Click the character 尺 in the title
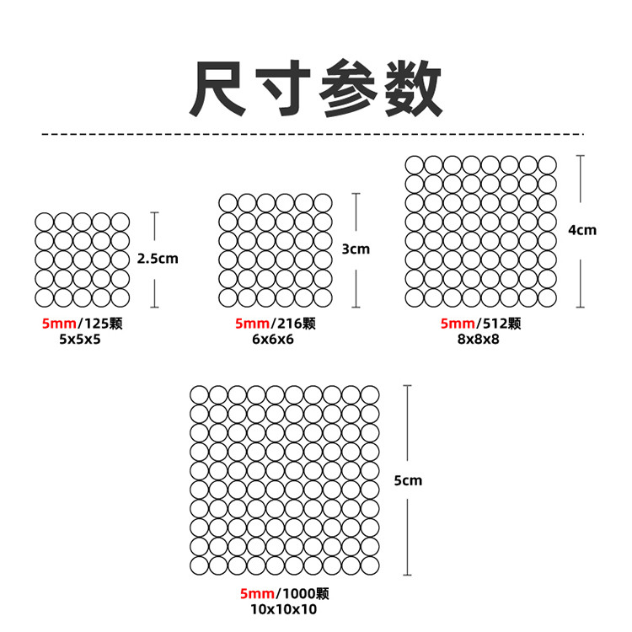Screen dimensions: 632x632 pyautogui.click(x=218, y=89)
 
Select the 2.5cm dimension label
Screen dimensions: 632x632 pyautogui.click(x=158, y=259)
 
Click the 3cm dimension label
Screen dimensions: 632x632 pyautogui.click(x=356, y=249)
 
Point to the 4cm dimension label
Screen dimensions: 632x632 pyautogui.click(x=582, y=229)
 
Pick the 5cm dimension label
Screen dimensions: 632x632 pyautogui.click(x=408, y=480)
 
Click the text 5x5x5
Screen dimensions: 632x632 pyautogui.click(x=80, y=338)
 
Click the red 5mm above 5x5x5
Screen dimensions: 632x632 pyautogui.click(x=56, y=324)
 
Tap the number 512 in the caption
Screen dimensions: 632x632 pyautogui.click(x=492, y=324)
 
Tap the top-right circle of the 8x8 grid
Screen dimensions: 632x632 pyautogui.click(x=547, y=165)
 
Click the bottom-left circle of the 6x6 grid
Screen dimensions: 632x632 pyautogui.click(x=228, y=297)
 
